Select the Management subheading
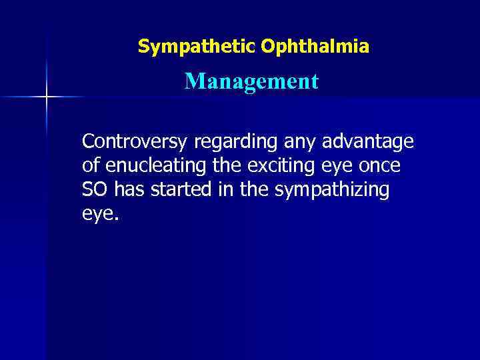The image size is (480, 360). [252, 82]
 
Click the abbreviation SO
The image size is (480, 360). [95, 190]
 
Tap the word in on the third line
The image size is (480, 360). [223, 190]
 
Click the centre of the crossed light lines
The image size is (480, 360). [47, 97]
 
